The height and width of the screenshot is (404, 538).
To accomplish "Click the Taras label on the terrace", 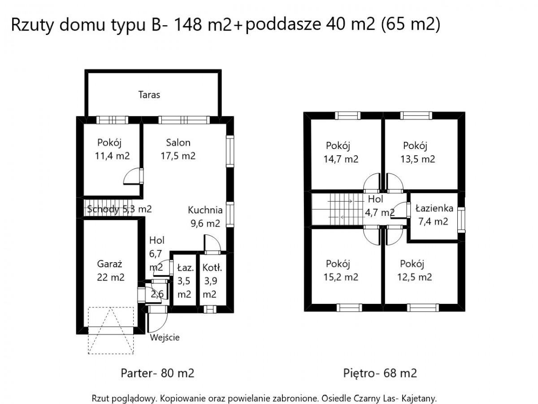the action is click(x=149, y=95).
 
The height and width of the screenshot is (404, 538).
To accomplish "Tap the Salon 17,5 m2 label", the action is click(x=178, y=149).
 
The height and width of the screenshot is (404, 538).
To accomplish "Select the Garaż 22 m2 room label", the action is click(x=111, y=271).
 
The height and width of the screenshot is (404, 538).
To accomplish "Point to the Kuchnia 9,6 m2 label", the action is click(x=205, y=217).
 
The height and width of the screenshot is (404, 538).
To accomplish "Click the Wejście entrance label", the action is click(x=165, y=338).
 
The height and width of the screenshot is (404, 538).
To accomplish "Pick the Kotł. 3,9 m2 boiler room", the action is click(x=212, y=281).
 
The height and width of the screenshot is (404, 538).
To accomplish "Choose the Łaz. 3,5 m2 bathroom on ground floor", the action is click(x=185, y=281).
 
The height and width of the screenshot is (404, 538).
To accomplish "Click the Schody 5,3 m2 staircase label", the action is click(x=119, y=209).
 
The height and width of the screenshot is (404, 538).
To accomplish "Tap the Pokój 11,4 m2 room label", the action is click(x=112, y=149).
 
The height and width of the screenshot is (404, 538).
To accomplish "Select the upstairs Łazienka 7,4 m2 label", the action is click(x=434, y=215).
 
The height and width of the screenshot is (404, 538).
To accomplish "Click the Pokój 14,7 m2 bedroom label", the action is click(x=341, y=152).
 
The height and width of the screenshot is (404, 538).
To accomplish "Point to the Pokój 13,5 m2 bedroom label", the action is click(x=418, y=152).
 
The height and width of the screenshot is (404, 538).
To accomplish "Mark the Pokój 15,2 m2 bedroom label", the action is click(x=341, y=270).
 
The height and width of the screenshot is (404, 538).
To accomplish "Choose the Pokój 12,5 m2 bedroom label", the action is click(x=414, y=270).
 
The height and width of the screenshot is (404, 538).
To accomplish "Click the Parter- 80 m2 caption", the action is click(x=157, y=373).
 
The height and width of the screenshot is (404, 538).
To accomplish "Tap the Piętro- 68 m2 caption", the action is click(x=380, y=373).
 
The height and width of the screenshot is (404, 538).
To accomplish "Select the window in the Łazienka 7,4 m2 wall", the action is click(x=461, y=220).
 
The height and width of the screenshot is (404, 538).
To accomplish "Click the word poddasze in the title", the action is click(x=283, y=25).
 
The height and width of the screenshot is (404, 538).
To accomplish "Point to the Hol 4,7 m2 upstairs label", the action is click(x=379, y=206).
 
